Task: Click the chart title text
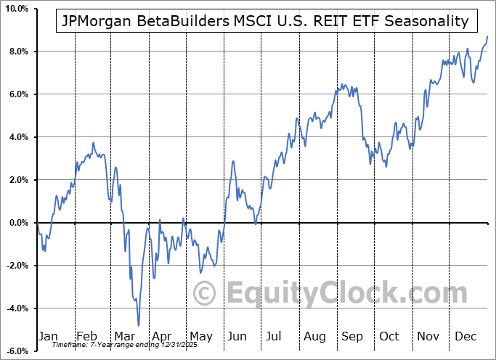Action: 265,21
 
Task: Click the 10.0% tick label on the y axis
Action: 16,9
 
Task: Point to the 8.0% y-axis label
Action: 17,52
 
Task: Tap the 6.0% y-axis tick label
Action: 17,94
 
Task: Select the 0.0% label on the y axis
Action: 17,223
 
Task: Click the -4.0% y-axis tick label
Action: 16,308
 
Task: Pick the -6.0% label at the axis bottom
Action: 16,351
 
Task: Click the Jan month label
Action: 47,336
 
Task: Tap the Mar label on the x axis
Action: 124,336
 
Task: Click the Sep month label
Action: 354,336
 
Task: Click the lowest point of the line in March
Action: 138,326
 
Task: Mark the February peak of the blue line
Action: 93,142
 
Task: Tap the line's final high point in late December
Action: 487,36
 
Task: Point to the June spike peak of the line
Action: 234,161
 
